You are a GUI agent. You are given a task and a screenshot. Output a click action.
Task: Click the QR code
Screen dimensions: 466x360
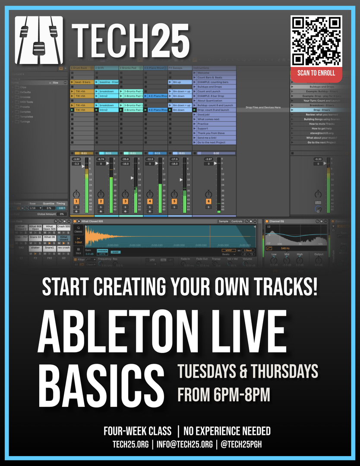point(316,40)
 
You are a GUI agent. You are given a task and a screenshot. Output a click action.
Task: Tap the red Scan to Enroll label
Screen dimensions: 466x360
point(316,73)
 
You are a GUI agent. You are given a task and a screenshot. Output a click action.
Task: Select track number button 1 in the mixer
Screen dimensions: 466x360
point(76,201)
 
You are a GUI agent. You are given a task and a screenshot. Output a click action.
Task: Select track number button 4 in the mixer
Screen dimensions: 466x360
point(150,201)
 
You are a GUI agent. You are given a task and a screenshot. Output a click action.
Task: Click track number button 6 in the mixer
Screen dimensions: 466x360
point(208,201)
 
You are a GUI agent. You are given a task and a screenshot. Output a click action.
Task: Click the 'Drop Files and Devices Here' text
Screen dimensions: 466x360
point(263,107)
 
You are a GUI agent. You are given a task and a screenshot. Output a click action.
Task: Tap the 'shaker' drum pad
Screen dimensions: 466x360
point(35,247)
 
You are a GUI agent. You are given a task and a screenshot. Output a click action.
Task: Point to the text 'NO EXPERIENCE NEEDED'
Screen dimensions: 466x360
point(227,431)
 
